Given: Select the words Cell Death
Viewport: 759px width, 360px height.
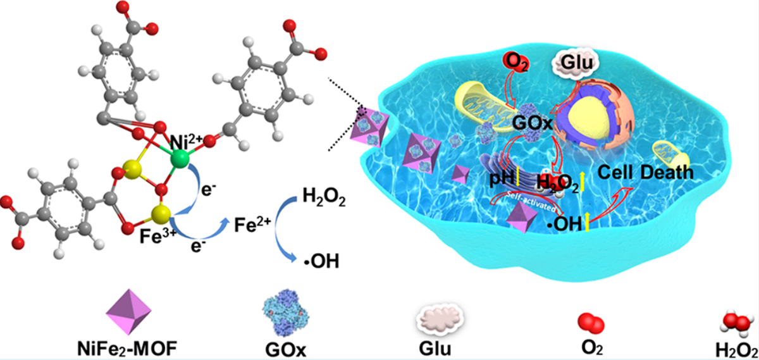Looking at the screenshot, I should [645, 171].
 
